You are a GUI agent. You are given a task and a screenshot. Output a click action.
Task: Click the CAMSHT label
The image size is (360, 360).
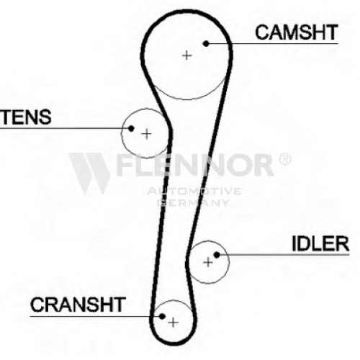tap(297, 32)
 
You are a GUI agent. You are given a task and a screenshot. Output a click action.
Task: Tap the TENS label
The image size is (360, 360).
tap(26, 117)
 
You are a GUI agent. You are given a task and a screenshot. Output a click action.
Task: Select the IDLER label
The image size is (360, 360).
tap(320, 243)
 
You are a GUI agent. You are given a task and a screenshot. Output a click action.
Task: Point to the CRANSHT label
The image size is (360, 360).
tap(78, 305)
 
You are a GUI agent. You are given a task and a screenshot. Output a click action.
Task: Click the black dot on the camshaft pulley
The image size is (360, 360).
tap(206, 43)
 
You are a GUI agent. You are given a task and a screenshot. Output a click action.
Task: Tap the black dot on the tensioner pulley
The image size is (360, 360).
tap(131, 128)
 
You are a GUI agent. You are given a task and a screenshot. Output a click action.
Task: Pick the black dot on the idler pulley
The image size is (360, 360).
tap(217, 255)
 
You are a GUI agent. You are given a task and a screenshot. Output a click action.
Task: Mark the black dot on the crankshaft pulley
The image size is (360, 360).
tap(162, 316)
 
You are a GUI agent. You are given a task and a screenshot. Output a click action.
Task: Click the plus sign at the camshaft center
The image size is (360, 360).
tap(187, 55)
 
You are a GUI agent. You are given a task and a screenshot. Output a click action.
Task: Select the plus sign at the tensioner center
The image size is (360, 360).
tap(146, 134)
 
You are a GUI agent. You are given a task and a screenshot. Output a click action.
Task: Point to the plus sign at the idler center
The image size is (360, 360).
tap(208, 262)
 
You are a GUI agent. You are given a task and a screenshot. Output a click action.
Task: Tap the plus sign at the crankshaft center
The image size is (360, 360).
tap(174, 323)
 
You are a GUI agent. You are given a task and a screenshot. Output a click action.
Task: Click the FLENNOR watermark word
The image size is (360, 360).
tap(195, 165)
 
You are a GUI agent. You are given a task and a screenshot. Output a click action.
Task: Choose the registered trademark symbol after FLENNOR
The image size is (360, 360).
tap(284, 159)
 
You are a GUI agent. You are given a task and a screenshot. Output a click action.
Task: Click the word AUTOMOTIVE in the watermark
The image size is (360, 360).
tap(194, 191)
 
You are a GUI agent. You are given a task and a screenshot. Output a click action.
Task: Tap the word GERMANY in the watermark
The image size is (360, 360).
tap(193, 203)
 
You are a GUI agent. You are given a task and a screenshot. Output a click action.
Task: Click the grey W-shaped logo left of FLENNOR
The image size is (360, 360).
tap(89, 173)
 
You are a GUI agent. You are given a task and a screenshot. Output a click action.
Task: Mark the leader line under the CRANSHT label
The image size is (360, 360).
tap(95, 316)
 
